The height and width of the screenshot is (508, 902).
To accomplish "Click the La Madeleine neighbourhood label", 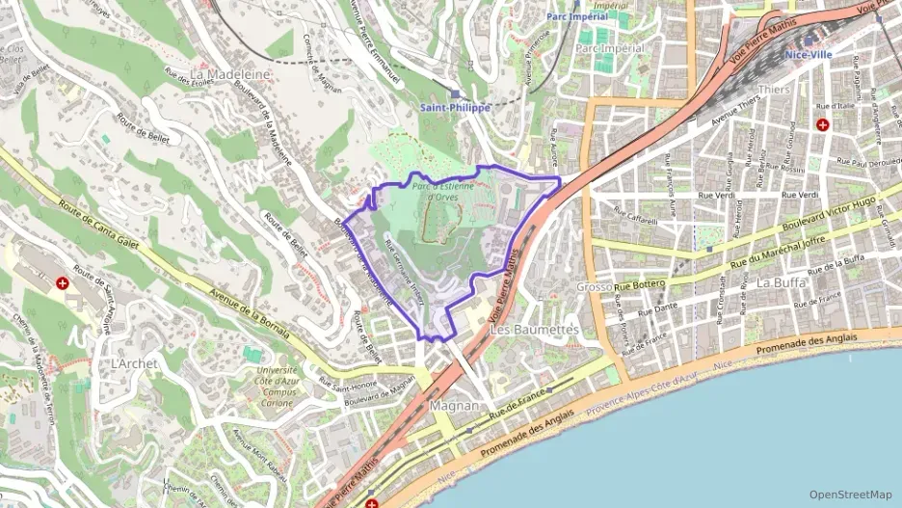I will tap(231, 73).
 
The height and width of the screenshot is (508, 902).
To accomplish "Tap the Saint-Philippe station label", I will tap(456, 108).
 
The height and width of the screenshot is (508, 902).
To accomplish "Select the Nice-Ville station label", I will tap(809, 55).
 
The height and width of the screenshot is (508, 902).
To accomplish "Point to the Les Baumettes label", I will tap(535, 330).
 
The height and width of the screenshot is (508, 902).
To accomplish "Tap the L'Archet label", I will tap(134, 363).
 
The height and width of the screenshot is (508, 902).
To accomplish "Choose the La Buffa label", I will tap(780, 282).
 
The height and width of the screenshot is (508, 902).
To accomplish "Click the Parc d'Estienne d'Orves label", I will tap(443, 192).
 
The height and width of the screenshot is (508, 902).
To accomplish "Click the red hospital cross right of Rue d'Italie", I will tap(822, 124).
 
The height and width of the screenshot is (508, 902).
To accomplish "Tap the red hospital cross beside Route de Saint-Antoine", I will tap(63, 283).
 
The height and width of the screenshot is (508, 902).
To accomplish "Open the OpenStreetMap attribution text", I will tap(850, 494).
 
